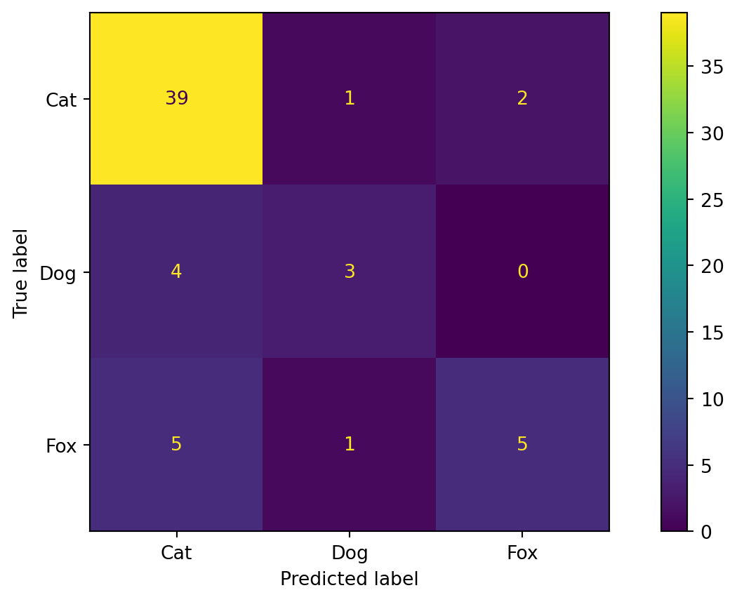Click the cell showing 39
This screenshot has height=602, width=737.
coord(176,98)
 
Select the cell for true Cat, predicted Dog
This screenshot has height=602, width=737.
coord(349,98)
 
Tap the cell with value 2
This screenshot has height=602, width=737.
coord(522,98)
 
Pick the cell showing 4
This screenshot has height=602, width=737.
coord(176,272)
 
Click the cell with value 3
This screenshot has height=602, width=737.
coord(349,272)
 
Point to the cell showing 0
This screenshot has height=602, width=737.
coord(522,272)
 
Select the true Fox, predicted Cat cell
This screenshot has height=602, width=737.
coord(176,444)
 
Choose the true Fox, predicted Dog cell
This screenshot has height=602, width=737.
coord(349,444)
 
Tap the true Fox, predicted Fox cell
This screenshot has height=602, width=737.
coord(522,444)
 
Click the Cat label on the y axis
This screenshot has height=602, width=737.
coord(61,100)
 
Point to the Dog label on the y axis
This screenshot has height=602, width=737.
coord(58,273)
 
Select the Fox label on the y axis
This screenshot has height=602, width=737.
coord(61,446)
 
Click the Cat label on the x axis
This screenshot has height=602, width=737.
coord(176,553)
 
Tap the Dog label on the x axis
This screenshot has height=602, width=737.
coord(349,553)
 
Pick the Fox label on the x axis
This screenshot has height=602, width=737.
coord(522,553)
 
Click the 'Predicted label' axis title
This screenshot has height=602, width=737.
coord(349,579)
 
